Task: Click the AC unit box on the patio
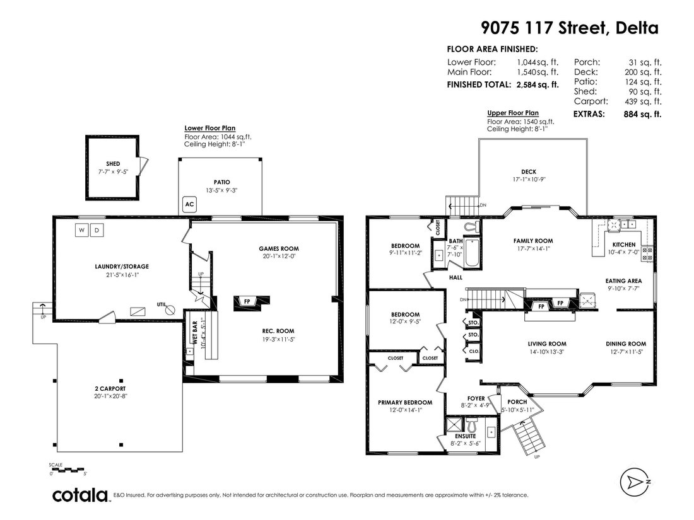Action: coord(189,204)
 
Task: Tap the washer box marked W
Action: coord(81,230)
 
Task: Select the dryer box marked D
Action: coord(97,230)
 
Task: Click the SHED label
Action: coord(113,164)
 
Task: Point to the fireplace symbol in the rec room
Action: coord(247,301)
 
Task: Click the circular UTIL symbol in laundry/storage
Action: coord(170,310)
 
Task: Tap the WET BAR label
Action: coord(195,333)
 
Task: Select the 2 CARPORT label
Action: coord(110,389)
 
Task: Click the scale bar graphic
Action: coord(68,470)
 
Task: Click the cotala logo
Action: coord(80,495)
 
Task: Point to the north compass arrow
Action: coord(635,481)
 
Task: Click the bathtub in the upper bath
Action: coord(472,253)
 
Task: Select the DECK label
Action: coord(529,171)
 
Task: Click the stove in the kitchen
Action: coord(647,253)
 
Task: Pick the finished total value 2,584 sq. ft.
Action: coord(538,84)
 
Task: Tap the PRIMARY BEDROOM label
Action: coord(405,402)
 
